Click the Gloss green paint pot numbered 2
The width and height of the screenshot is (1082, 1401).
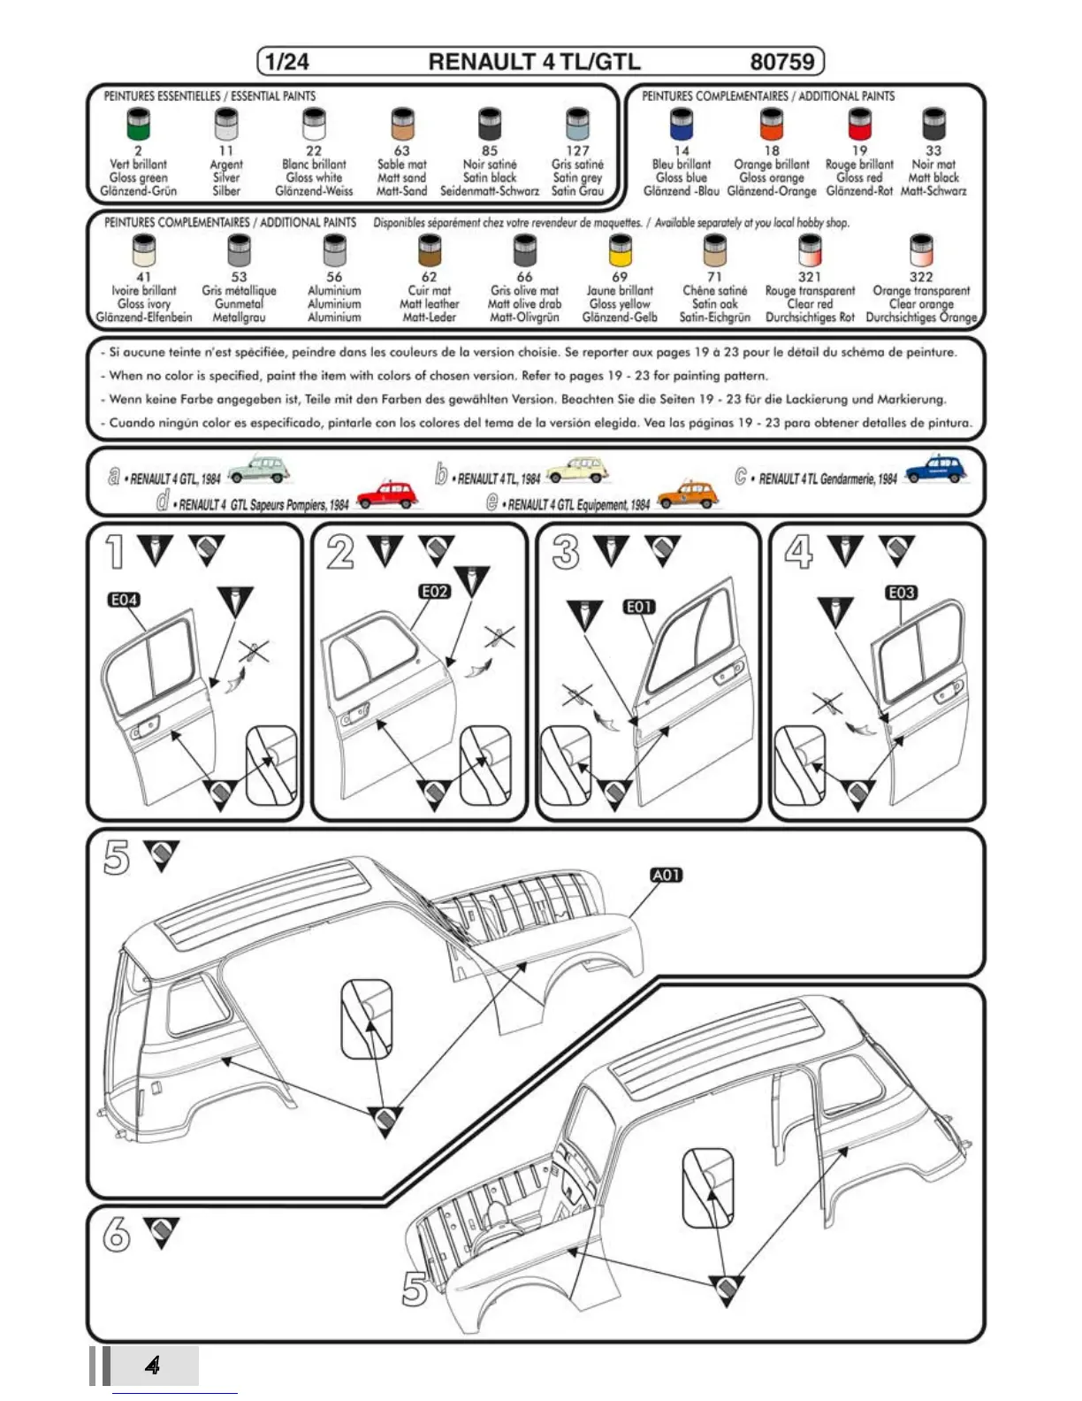(x=138, y=123)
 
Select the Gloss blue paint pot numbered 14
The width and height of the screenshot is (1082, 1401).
(x=681, y=123)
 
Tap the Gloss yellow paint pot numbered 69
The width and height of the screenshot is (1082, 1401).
(x=621, y=250)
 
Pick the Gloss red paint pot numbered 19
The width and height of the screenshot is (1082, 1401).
(x=859, y=123)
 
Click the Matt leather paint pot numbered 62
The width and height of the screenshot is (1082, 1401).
(x=429, y=250)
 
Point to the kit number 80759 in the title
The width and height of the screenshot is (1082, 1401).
(x=781, y=62)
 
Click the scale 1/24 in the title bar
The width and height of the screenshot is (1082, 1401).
(x=287, y=62)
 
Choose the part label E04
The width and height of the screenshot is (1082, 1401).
(x=124, y=600)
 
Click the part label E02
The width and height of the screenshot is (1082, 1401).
(x=435, y=591)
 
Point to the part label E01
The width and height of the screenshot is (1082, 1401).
(x=639, y=607)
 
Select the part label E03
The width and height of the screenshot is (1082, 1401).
(x=901, y=592)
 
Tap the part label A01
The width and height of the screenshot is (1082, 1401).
(x=667, y=875)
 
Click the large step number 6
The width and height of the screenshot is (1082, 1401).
(x=116, y=1234)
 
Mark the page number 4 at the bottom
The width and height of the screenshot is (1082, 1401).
(x=153, y=1365)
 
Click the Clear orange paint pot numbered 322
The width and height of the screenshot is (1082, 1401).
(x=921, y=250)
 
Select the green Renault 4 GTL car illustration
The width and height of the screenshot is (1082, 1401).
(x=258, y=468)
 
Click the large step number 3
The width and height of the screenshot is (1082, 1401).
(x=566, y=553)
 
